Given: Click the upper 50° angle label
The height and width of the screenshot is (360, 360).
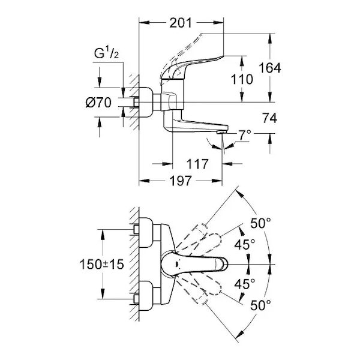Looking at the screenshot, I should (261, 223).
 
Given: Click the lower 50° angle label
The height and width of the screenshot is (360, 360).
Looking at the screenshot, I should (261, 305).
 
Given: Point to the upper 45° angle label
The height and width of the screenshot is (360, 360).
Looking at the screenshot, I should (245, 244).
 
